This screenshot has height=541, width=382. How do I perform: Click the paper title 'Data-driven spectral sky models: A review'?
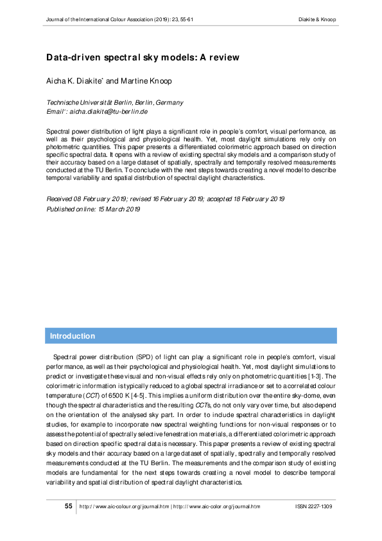coord(142,58)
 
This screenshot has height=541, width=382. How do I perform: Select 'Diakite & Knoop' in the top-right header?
coord(318,19)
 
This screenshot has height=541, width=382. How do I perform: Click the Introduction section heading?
coord(73,336)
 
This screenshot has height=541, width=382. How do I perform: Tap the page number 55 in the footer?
coord(69,506)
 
